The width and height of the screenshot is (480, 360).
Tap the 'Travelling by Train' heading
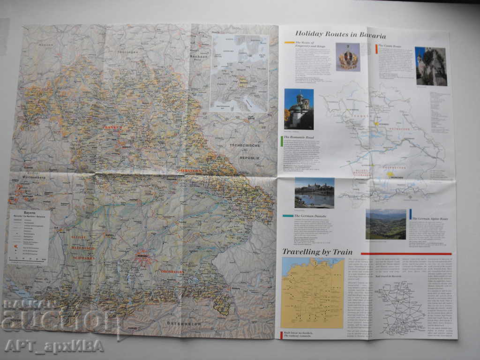coord(317,252)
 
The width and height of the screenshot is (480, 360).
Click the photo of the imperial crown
coord(348,57)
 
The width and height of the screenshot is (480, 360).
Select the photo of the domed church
coord(299,109)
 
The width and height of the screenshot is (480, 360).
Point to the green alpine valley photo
coord(386,225)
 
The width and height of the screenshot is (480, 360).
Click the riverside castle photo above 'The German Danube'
coord(314,193)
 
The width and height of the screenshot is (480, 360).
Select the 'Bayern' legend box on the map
coord(29,237)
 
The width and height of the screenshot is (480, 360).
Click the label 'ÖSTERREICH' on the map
coord(184,323)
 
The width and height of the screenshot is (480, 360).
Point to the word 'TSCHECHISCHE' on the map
coord(244,145)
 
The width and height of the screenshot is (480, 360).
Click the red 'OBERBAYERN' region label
coord(172,271)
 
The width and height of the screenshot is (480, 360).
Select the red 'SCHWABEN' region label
coord(83,258)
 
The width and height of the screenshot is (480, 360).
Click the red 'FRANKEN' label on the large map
coord(113,127)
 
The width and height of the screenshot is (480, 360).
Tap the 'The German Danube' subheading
coord(307,216)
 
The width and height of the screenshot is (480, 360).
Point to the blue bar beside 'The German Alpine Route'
coord(411,214)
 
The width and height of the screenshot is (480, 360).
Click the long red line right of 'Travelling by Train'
coord(406,254)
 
